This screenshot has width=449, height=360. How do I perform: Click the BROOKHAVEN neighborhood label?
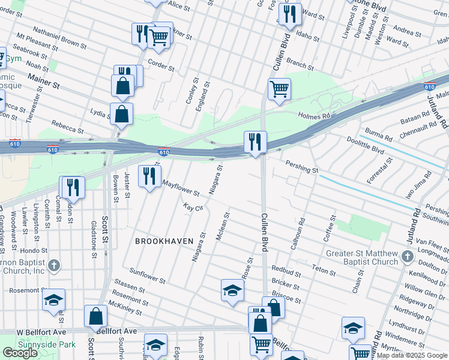coord(164,241)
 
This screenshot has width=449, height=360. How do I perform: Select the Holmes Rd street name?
coord(314,115)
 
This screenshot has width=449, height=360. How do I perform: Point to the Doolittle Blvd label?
coord(366,143)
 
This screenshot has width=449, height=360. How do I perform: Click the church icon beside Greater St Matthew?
coord(408,257)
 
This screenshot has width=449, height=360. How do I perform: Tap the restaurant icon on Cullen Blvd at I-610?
coord(255,142)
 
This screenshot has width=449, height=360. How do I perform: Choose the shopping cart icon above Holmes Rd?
coord(279,89)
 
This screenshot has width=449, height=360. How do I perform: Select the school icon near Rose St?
coord(232,290)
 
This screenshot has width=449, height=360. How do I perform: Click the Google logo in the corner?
coord(20,353)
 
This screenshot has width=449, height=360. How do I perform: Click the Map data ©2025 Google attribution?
coord(412,355)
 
